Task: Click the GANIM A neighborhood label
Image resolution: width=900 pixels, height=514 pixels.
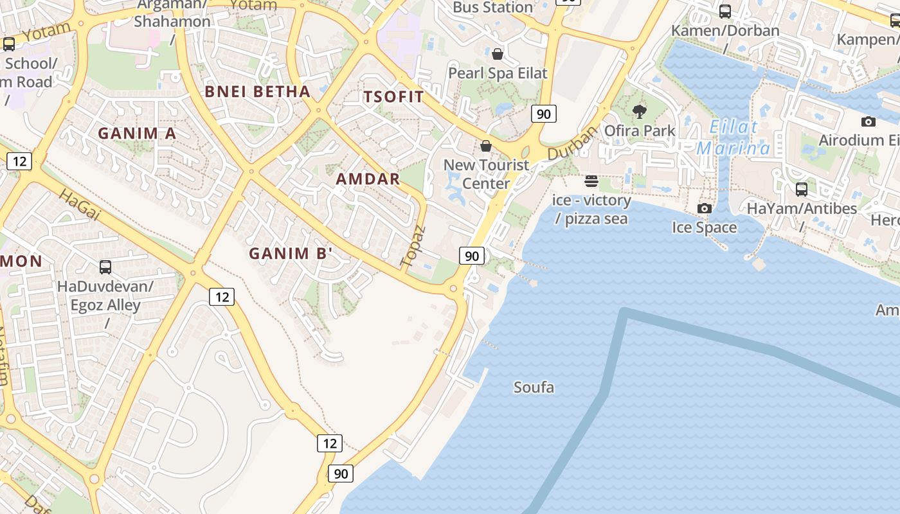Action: click(x=136, y=134)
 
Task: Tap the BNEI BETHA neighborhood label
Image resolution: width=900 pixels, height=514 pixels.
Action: click(x=257, y=92)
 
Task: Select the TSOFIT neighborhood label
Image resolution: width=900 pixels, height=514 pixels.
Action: click(x=393, y=97)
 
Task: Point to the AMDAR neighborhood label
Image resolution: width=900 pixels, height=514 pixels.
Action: click(x=368, y=179)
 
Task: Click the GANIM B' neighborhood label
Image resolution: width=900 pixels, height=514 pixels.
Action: click(x=291, y=253)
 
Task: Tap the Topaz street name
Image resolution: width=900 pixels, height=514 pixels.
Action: click(x=413, y=246)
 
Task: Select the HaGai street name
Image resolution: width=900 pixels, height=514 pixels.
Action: click(x=80, y=205)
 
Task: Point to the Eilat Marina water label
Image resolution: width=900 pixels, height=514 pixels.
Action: click(x=733, y=137)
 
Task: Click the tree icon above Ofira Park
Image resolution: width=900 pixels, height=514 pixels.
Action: click(x=639, y=112)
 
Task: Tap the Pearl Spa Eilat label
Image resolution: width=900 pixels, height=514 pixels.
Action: click(x=498, y=73)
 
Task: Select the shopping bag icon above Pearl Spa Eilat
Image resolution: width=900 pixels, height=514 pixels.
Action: click(x=497, y=54)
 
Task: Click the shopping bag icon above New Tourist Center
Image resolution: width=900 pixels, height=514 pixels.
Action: click(x=486, y=146)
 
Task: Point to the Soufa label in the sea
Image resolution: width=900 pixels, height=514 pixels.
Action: click(x=534, y=387)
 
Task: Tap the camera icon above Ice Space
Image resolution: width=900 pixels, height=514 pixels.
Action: click(x=705, y=208)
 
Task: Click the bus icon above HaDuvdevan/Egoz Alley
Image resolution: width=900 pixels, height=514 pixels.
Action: click(x=105, y=267)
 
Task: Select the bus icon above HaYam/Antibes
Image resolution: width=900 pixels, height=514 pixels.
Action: click(x=801, y=189)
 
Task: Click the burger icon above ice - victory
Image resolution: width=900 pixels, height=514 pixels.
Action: click(x=591, y=181)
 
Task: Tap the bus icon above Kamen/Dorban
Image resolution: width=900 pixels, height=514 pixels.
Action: click(x=725, y=11)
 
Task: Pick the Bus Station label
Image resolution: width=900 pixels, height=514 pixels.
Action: click(x=492, y=8)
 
